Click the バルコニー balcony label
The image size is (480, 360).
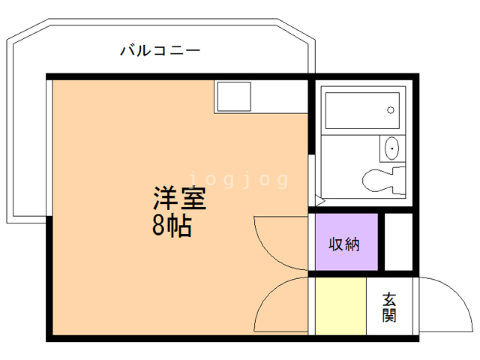160,51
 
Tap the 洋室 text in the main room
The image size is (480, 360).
179,199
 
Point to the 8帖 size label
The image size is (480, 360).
172,226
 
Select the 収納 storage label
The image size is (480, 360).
345,244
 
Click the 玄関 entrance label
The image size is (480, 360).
389,307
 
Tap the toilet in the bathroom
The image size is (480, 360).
382,181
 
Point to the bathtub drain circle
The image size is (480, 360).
391,111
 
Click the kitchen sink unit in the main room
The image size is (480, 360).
234,96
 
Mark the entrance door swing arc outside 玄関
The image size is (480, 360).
442,300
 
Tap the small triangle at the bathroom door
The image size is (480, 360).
319,201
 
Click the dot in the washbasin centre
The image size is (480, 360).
391,148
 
